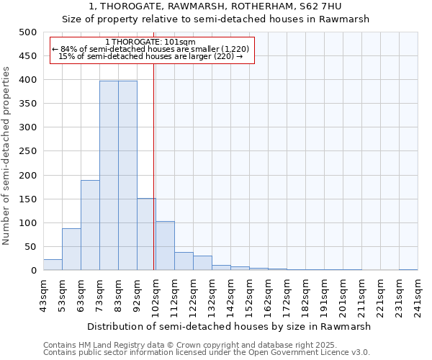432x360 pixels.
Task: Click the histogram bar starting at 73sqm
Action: pyautogui.click(x=109, y=176)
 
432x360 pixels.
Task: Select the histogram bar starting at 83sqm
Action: pyautogui.click(x=127, y=176)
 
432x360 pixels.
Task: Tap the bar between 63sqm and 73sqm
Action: pyautogui.click(x=90, y=225)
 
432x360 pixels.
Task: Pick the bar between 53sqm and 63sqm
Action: pyautogui.click(x=71, y=249)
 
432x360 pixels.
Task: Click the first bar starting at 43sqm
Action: pyautogui.click(x=53, y=265)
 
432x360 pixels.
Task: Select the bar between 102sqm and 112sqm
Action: pyautogui.click(x=165, y=246)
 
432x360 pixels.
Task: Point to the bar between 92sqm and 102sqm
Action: pyautogui.click(x=146, y=234)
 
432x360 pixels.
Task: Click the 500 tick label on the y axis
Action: pyautogui.click(x=27, y=32)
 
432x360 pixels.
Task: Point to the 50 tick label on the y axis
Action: pyautogui.click(x=30, y=247)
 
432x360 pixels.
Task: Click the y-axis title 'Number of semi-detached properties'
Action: pyautogui.click(x=7, y=156)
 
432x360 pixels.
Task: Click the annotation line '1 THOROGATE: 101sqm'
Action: pyautogui.click(x=150, y=42)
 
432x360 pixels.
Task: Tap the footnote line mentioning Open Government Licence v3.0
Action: pyautogui.click(x=207, y=352)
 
